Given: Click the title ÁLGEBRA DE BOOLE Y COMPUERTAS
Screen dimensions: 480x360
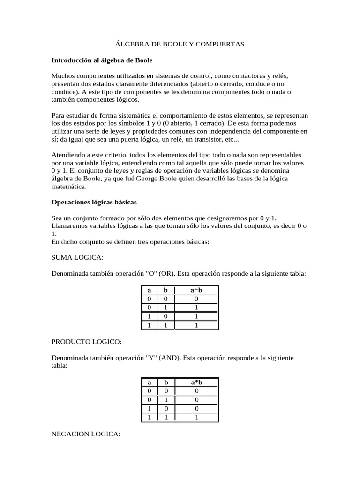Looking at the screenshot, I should pyautogui.click(x=180, y=44).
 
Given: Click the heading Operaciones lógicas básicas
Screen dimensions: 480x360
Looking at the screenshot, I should pyautogui.click(x=94, y=202).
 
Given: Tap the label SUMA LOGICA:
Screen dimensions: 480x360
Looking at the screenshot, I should pyautogui.click(x=77, y=257).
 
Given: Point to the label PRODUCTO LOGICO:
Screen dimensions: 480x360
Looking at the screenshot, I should pyautogui.click(x=86, y=342).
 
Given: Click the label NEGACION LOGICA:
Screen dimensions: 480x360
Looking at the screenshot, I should pyautogui.click(x=86, y=435).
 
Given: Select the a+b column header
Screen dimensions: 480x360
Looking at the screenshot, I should pyautogui.click(x=196, y=291).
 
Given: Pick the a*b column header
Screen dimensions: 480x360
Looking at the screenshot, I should pyautogui.click(x=196, y=383).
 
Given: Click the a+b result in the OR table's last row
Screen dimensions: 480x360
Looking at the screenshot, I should pyautogui.click(x=196, y=325).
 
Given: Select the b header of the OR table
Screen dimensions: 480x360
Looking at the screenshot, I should pyautogui.click(x=165, y=291).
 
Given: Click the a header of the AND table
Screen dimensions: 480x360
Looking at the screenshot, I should pyautogui.click(x=149, y=383).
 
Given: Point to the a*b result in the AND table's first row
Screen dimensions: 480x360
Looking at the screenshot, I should pyautogui.click(x=196, y=391).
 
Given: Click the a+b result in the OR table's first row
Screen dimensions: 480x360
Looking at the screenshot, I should pyautogui.click(x=196, y=299).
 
